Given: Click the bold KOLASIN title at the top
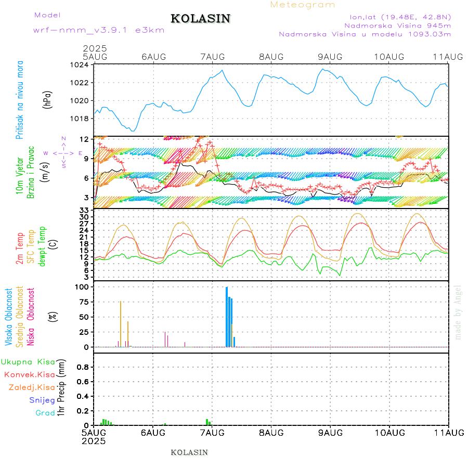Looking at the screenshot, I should pos(200,19).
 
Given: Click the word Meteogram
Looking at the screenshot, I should pos(303,5).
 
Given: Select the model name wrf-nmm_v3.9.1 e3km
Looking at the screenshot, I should pos(99,30).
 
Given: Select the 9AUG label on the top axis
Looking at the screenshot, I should pos(330,56).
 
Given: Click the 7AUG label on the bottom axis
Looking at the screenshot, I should pos(212,433).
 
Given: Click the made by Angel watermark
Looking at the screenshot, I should pos(458,312).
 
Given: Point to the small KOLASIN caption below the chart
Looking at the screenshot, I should pos(189,452).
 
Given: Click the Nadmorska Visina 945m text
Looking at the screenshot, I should pos(397,25).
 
